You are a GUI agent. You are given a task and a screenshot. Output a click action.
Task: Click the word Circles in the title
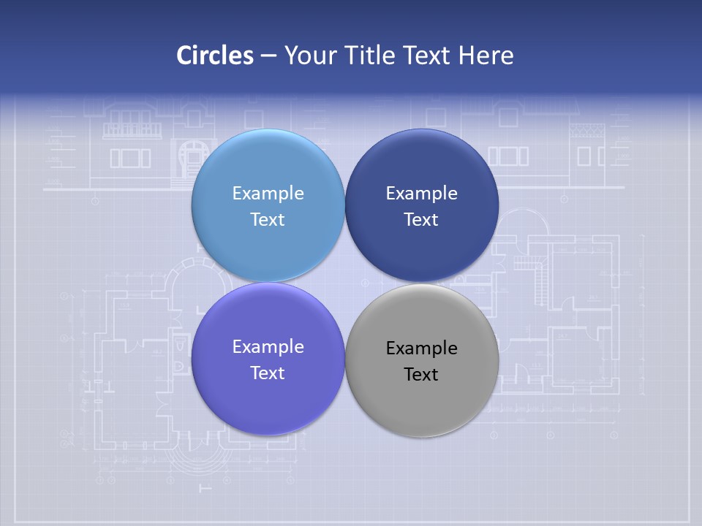tap(215, 56)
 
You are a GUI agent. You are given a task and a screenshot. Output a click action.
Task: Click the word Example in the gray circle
tap(422, 348)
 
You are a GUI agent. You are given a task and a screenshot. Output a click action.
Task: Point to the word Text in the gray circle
tap(422, 375)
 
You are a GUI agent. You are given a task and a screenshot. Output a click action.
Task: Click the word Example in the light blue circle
tap(268, 194)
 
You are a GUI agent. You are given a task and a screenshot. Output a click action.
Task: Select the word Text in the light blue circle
tap(268, 220)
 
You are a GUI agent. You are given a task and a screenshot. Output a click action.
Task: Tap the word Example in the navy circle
tap(422, 194)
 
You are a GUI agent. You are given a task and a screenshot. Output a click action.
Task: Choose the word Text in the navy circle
tap(422, 220)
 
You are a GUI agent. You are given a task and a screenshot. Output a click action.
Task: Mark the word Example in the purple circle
tap(268, 347)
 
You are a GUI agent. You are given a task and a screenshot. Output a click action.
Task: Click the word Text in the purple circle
tap(268, 373)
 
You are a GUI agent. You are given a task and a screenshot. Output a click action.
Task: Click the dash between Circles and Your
tap(268, 56)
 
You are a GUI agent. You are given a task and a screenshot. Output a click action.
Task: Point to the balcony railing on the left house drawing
tap(132, 131)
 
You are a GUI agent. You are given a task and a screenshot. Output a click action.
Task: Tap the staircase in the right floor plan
tap(539, 281)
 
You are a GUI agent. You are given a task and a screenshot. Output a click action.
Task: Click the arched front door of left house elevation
tap(192, 157)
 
